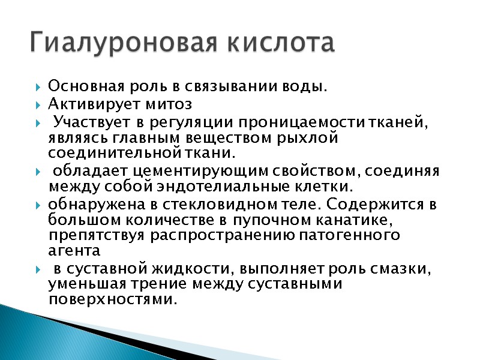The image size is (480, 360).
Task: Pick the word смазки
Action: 401,268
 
